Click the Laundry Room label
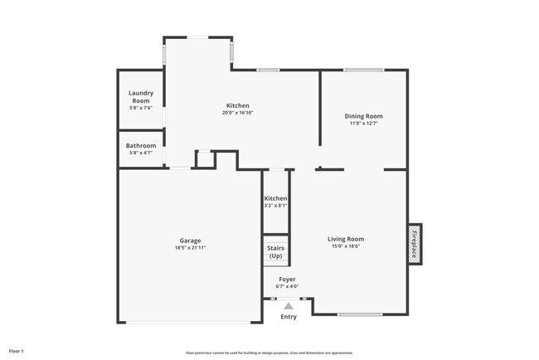(x=141, y=98)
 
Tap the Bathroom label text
(x=141, y=146)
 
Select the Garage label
(x=191, y=241)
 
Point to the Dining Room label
(x=364, y=116)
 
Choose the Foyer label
(x=287, y=280)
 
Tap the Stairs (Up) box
(x=276, y=251)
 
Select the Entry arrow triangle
(x=288, y=306)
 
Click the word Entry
(x=288, y=317)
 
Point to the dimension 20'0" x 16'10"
(x=237, y=113)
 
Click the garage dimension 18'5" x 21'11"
(x=190, y=248)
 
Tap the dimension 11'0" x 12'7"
(x=364, y=124)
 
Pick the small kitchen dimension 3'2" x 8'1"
(x=275, y=207)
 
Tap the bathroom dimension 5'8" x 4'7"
(x=141, y=153)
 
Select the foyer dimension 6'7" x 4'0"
(x=287, y=287)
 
